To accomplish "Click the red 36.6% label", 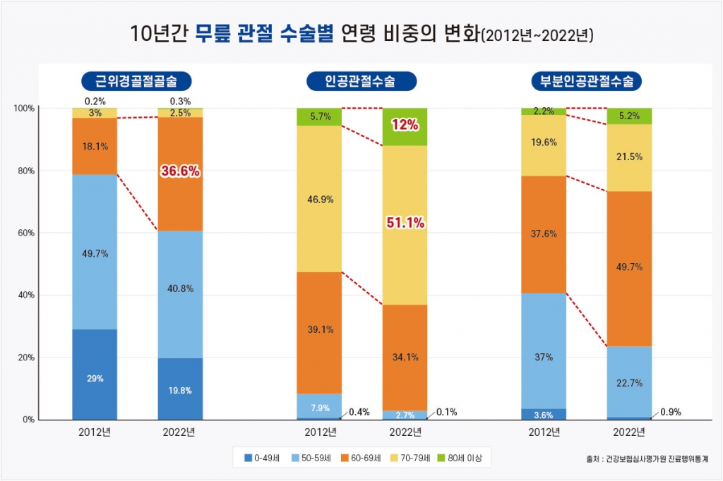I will (x=179, y=171).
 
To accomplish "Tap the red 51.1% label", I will (x=405, y=223).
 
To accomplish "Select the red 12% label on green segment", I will (x=405, y=126).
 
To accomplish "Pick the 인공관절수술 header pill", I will (x=361, y=81).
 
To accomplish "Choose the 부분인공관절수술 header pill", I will (x=586, y=81).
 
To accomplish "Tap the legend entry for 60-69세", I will (x=361, y=458).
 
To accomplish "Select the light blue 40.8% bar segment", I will (x=179, y=294).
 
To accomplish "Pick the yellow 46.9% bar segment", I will (x=319, y=199).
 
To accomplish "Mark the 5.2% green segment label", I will (x=628, y=116).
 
